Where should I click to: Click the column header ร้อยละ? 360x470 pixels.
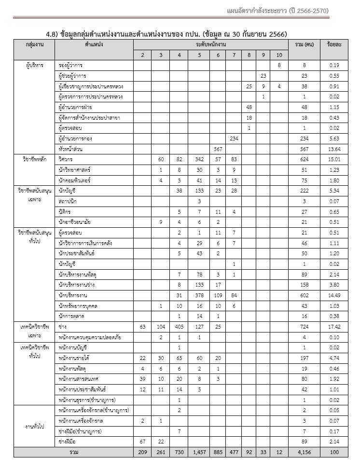point(334,44)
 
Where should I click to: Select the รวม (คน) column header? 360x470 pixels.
point(304,44)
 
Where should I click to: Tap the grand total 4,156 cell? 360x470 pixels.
point(304,452)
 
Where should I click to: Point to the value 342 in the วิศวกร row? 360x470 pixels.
point(199,159)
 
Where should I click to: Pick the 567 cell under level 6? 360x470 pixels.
point(218,149)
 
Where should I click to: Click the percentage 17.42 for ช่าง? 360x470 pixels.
point(334,327)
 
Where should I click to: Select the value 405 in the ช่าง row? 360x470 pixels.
point(179,327)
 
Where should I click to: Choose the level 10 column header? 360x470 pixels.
point(279,55)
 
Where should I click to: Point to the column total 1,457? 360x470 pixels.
point(199,452)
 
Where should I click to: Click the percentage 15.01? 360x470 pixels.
point(334,159)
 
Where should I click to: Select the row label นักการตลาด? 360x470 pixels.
point(71,317)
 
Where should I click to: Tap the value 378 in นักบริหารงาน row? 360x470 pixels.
point(199,295)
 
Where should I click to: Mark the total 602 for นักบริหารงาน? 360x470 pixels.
point(304,295)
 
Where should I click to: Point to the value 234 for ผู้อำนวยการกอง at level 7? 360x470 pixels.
point(234,138)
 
